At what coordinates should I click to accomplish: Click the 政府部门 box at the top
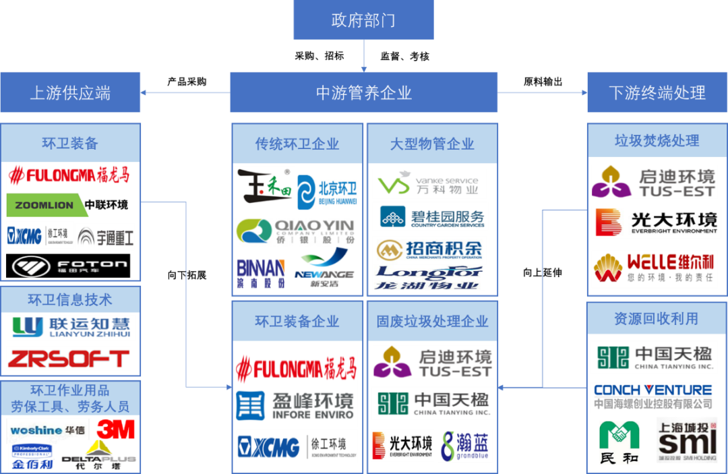pos(363,20)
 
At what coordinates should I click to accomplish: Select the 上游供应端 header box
pos(70,92)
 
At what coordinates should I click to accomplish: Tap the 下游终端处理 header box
pos(657,92)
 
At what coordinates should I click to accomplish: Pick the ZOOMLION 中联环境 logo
pos(67,205)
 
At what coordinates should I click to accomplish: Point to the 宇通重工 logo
pos(105,237)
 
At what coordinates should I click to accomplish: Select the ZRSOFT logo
pos(68,359)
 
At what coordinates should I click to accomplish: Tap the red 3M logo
pos(115,428)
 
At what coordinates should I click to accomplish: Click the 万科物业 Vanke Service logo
pos(429,184)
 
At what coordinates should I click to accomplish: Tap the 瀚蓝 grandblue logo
pos(466,446)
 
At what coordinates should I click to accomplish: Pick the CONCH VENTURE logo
pos(653,396)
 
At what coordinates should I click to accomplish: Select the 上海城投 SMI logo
pos(686,440)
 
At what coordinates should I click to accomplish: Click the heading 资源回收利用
pos(656,318)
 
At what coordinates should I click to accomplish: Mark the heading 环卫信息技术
pos(70,299)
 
